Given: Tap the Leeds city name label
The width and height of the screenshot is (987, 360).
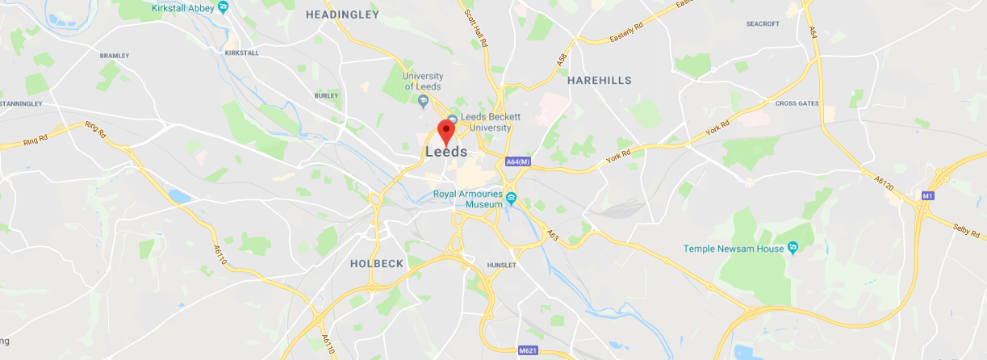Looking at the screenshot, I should pyautogui.click(x=445, y=152).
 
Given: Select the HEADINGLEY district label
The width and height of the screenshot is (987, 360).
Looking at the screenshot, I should pyautogui.click(x=342, y=15).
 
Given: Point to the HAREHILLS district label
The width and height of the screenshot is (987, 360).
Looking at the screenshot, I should pyautogui.click(x=599, y=80).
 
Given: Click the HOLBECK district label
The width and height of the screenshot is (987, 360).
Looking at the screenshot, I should pyautogui.click(x=376, y=263).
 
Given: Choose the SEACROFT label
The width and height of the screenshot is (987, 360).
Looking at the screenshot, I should pyautogui.click(x=763, y=23).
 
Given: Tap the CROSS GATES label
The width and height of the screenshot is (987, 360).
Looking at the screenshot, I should pyautogui.click(x=797, y=103).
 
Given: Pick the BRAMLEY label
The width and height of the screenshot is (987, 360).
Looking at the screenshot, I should pyautogui.click(x=114, y=56).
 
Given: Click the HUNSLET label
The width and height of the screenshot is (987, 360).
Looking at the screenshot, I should pyautogui.click(x=500, y=265).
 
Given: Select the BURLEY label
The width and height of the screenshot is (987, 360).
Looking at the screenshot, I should pyautogui.click(x=326, y=95).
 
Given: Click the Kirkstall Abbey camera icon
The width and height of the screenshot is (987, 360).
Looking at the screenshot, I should pyautogui.click(x=224, y=7).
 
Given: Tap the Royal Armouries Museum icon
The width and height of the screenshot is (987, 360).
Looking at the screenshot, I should pyautogui.click(x=511, y=195).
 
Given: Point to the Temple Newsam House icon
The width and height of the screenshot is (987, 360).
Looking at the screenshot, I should pyautogui.click(x=793, y=248).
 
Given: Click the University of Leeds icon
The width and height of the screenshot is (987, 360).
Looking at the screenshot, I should pyautogui.click(x=424, y=101).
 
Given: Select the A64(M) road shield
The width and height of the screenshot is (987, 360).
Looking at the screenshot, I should pyautogui.click(x=518, y=162).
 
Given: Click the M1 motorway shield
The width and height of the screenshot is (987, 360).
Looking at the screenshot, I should pyautogui.click(x=927, y=196).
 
